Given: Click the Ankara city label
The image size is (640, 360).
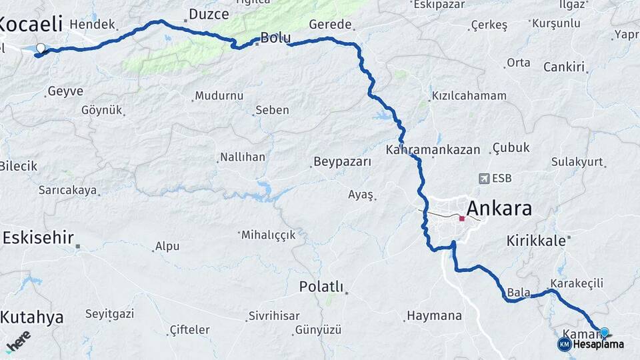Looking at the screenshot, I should [x=499, y=209].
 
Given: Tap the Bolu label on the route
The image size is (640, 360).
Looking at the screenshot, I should [x=275, y=37].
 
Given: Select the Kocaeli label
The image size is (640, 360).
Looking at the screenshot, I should [x=31, y=25].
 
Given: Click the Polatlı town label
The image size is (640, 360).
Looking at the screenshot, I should [x=321, y=287].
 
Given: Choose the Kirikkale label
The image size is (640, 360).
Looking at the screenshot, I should [x=536, y=240].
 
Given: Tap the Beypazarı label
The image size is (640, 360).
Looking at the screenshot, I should [x=341, y=162].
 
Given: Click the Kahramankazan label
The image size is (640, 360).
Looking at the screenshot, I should [x=433, y=149].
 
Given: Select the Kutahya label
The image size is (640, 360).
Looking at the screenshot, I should [x=32, y=317].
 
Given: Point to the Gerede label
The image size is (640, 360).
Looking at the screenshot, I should [x=330, y=25].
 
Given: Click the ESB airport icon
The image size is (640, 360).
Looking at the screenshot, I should [x=484, y=179].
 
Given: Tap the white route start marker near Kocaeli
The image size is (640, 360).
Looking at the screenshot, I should [x=41, y=48].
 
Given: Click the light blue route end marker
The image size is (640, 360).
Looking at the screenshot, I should [x=604, y=332].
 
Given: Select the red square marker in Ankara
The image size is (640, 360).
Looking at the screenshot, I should [x=461, y=218].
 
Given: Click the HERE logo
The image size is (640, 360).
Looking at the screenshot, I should [x=18, y=342].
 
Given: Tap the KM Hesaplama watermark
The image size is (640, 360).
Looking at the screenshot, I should [x=591, y=344].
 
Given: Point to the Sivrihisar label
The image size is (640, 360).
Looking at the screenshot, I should [x=273, y=315].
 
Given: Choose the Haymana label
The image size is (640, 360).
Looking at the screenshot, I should [x=434, y=315].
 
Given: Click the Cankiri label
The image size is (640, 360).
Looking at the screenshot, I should [x=564, y=67].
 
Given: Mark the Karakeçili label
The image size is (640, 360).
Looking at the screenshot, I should [x=577, y=283].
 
